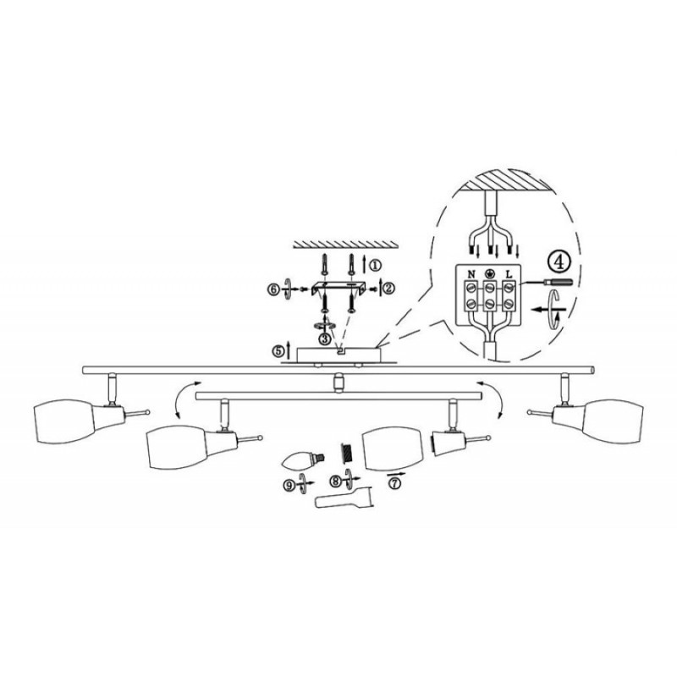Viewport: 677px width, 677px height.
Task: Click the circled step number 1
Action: click(x=376, y=265)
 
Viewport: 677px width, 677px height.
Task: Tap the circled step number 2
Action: click(x=389, y=288)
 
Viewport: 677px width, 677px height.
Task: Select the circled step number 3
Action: click(x=325, y=339)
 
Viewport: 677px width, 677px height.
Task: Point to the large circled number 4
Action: click(x=559, y=262)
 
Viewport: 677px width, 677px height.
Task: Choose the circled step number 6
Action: click(x=273, y=289)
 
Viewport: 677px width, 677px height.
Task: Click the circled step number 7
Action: click(x=394, y=484)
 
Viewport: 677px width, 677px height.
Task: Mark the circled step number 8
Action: click(x=336, y=481)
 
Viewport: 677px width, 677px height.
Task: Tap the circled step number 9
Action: click(x=289, y=485)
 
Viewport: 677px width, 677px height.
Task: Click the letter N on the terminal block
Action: click(x=471, y=274)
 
